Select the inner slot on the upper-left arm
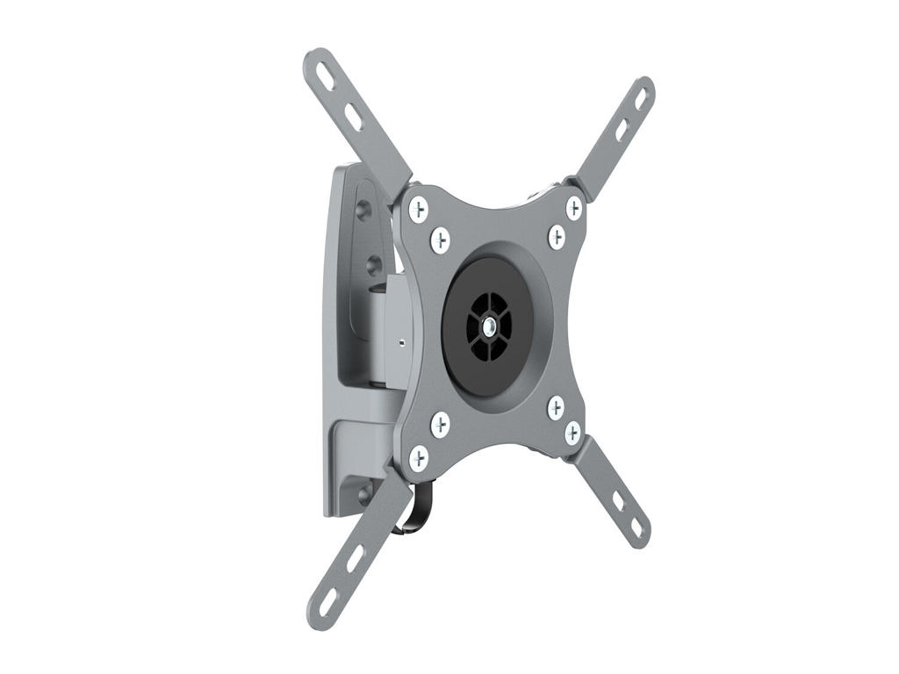point(353,117)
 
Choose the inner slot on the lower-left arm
point(355,558)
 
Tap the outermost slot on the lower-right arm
point(636,527)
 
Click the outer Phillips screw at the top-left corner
point(419,209)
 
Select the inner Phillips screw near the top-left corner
point(440,239)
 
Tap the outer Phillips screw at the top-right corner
point(573,208)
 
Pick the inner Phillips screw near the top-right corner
point(557,236)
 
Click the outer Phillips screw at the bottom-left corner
point(419,456)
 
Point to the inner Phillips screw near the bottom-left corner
point(440,425)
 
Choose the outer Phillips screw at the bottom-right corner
point(572,433)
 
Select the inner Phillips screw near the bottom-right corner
point(556,407)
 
